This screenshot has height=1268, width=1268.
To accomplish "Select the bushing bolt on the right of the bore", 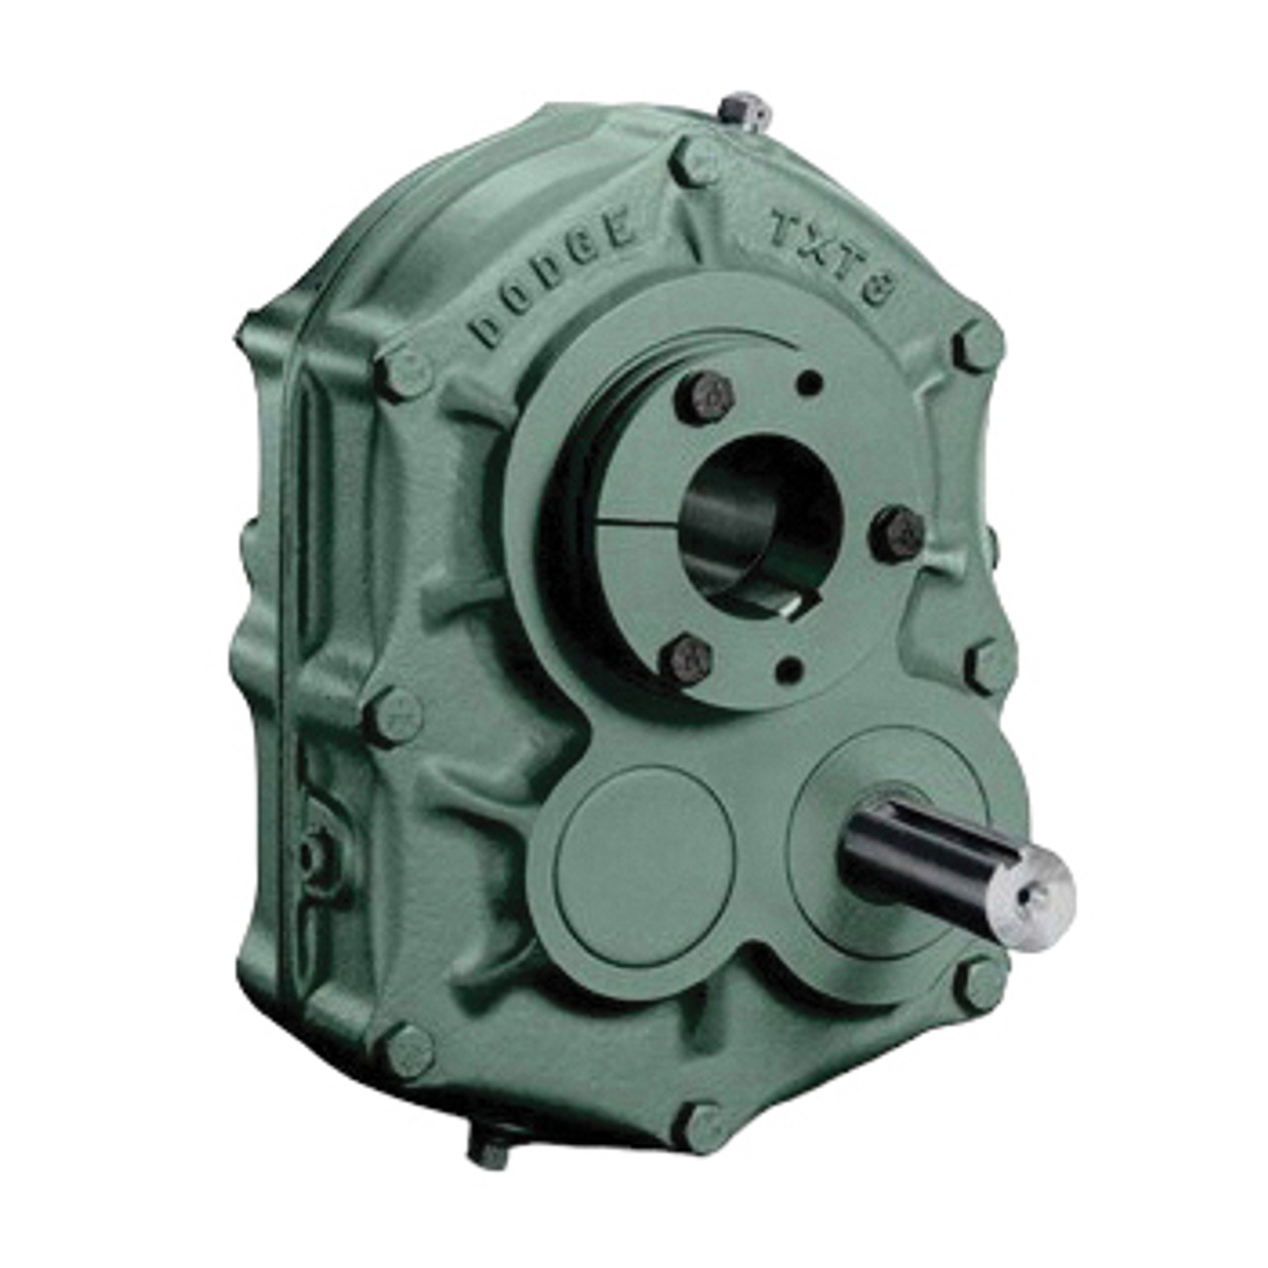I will coord(897,535).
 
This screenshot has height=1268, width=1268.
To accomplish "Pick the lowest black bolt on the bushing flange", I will coord(690,660).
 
